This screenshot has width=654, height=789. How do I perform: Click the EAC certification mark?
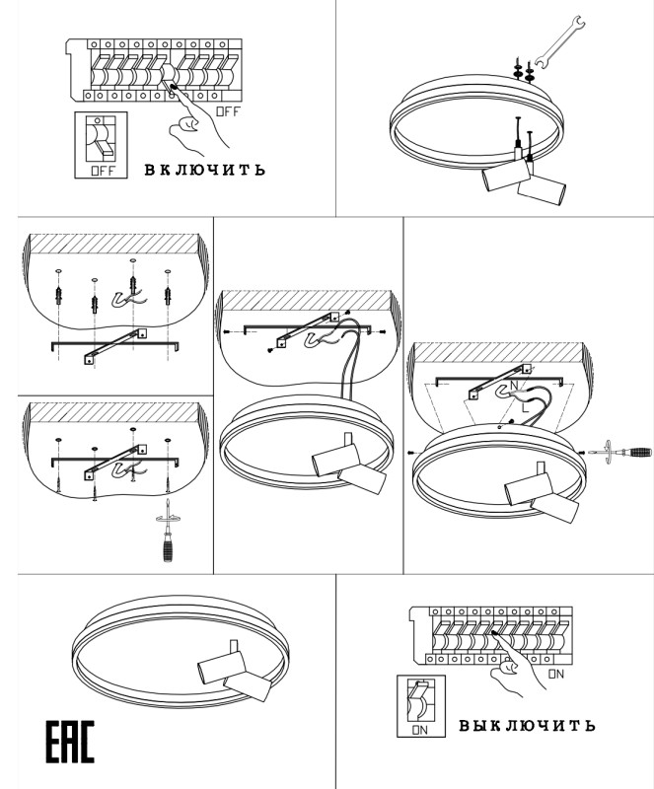point(70,742)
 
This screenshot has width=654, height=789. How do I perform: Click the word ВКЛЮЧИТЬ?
point(204,170)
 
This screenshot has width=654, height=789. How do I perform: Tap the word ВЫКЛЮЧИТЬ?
point(527,725)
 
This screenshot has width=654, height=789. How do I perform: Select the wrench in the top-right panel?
point(560,41)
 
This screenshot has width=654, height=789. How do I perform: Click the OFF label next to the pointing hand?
point(228,111)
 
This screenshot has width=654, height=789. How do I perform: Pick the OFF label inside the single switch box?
point(103,171)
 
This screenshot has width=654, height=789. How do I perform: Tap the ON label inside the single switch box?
point(419,730)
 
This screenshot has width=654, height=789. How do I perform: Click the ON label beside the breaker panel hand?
point(556,674)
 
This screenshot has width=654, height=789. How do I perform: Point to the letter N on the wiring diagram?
point(514,386)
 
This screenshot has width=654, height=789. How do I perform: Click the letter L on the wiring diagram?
point(525,407)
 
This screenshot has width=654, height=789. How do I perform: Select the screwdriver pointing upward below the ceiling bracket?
point(168,531)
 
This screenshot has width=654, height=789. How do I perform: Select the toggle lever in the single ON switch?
point(419,698)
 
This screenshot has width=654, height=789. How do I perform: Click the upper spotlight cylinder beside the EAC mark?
point(221,665)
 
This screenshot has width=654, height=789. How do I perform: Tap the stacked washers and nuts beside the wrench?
point(524,70)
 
